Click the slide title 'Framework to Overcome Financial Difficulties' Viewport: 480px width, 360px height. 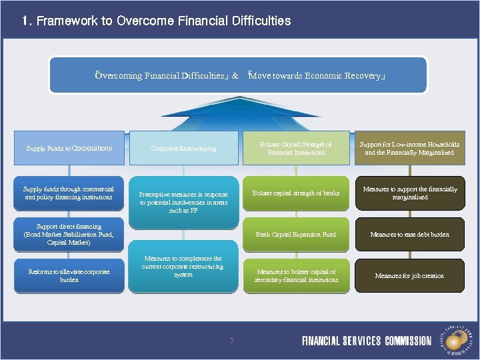pyautogui.click(x=163, y=21)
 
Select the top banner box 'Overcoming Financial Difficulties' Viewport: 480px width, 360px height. pyautogui.click(x=238, y=75)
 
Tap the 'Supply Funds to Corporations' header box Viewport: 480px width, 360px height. pyautogui.click(x=69, y=148)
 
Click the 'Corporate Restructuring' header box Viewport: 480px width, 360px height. pyautogui.click(x=183, y=148)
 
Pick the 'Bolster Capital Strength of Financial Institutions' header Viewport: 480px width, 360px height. pyautogui.click(x=295, y=148)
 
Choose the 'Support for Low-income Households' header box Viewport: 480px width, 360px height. pyautogui.click(x=409, y=148)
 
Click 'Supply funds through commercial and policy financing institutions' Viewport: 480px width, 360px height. pyautogui.click(x=69, y=193)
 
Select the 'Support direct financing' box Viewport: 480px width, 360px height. pyautogui.click(x=69, y=235)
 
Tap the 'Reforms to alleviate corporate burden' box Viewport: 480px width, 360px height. pyautogui.click(x=69, y=275)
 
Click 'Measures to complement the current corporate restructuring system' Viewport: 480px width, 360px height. pyautogui.click(x=183, y=267)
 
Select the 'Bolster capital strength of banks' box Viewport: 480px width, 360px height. pyautogui.click(x=295, y=193)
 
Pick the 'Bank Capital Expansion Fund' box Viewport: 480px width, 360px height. pyautogui.click(x=295, y=235)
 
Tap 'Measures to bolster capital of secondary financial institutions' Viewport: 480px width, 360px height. pyautogui.click(x=295, y=275)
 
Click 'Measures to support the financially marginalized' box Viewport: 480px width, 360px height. pyautogui.click(x=409, y=193)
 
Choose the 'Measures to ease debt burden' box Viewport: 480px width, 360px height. pyautogui.click(x=409, y=235)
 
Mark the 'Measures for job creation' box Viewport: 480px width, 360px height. pyautogui.click(x=409, y=275)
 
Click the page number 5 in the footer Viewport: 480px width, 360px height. pyautogui.click(x=232, y=341)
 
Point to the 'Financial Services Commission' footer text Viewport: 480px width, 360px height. pyautogui.click(x=367, y=341)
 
